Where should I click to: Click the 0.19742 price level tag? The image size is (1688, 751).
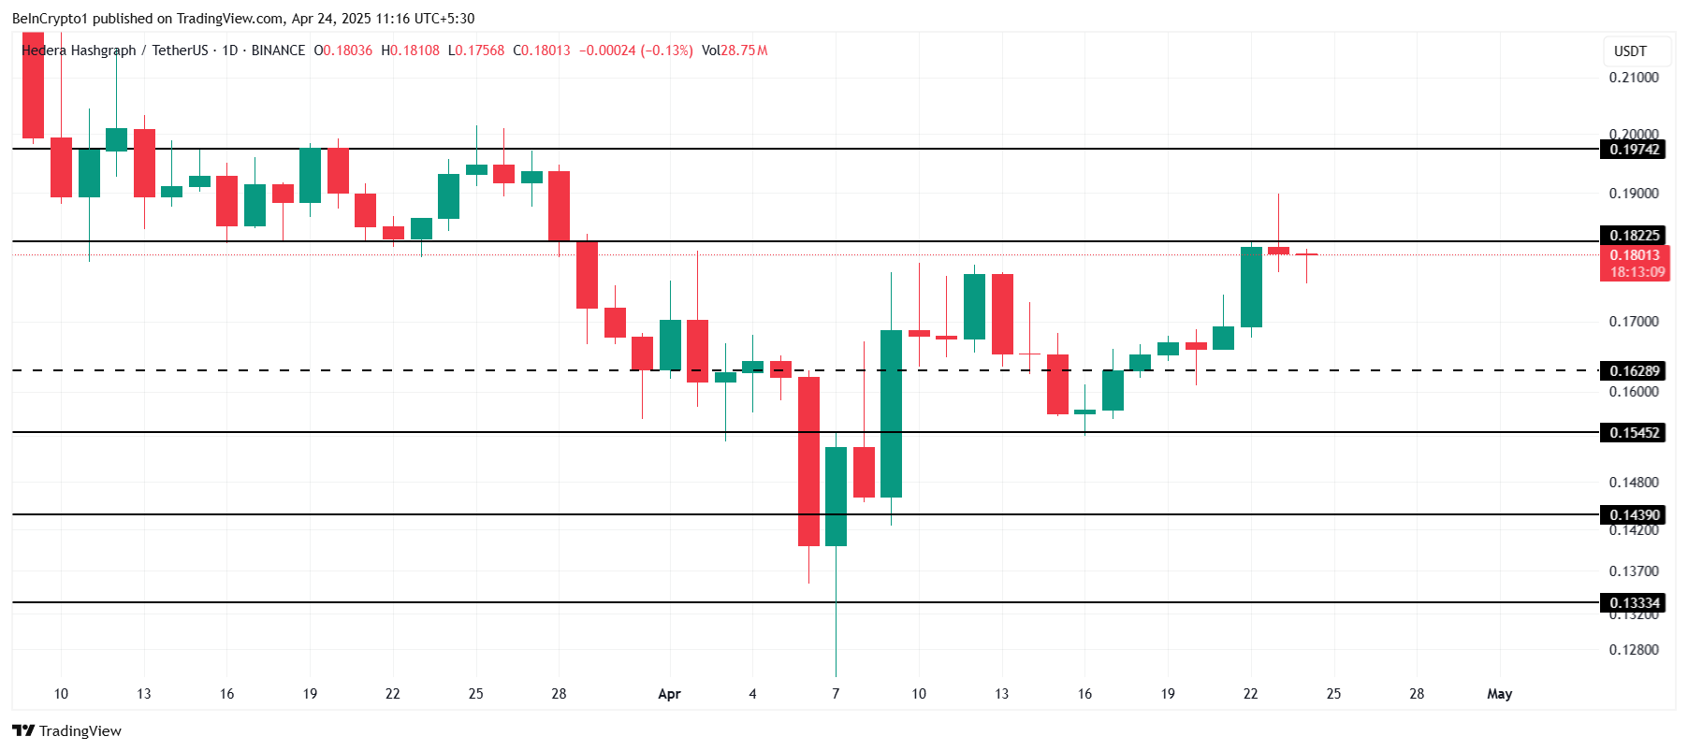pos(1634,150)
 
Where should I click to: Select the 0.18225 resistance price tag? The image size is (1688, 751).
pos(1634,236)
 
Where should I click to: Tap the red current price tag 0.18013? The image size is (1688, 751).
pos(1634,255)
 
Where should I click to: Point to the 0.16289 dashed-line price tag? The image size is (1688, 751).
pos(1634,371)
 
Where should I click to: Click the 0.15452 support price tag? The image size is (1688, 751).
pos(1634,433)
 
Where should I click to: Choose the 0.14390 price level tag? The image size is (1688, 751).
pos(1634,515)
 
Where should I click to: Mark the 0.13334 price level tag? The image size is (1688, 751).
pos(1634,603)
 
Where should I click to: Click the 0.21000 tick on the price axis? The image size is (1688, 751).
pos(1634,78)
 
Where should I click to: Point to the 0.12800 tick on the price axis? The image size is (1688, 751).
pos(1634,650)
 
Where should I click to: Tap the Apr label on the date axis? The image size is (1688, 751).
pos(669,694)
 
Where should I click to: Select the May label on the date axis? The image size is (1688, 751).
pos(1499,694)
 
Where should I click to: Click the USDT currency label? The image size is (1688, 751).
pos(1630,51)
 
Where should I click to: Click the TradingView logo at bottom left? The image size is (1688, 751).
pos(67,731)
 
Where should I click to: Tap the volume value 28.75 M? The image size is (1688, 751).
pos(744,51)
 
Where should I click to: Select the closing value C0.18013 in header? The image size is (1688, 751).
pos(542,51)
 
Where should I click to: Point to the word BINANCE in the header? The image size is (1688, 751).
pos(278,51)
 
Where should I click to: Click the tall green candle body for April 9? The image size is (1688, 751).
pos(891,413)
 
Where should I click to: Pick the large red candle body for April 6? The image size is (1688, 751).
pos(808,461)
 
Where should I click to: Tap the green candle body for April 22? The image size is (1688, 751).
pos(1251,287)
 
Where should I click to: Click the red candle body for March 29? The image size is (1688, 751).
pos(587,275)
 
